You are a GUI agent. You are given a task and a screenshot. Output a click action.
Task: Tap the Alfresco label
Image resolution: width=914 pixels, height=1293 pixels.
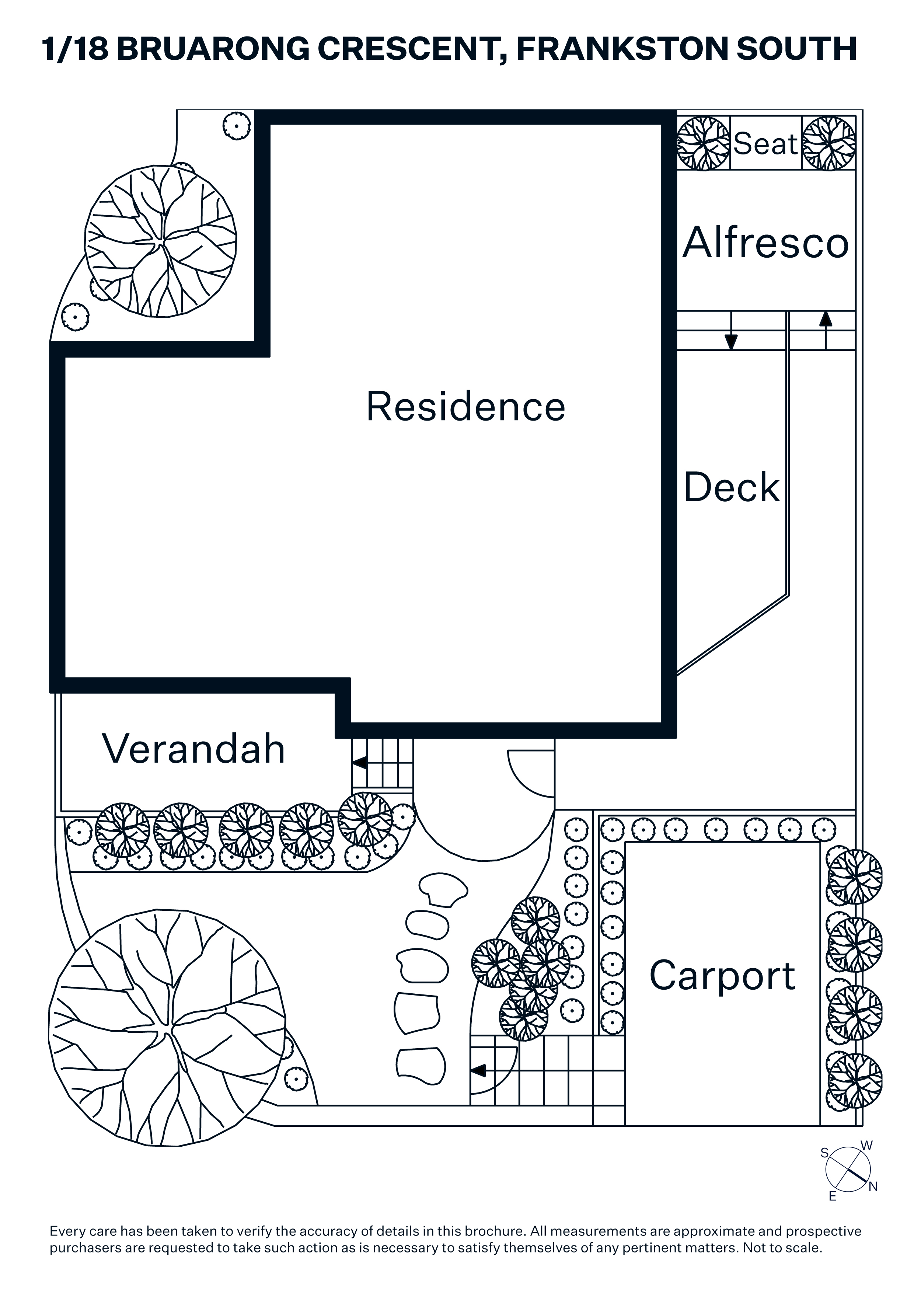[x=765, y=243]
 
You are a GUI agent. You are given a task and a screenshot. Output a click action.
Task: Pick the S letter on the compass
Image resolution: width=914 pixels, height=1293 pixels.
[x=824, y=1153]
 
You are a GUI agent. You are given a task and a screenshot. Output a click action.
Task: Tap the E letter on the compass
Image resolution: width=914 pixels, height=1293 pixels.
[x=832, y=1196]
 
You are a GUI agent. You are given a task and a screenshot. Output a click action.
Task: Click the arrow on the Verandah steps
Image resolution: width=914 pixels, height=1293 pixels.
[x=359, y=763]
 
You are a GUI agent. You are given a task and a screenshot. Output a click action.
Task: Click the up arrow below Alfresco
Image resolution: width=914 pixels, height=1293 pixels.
[x=826, y=319]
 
